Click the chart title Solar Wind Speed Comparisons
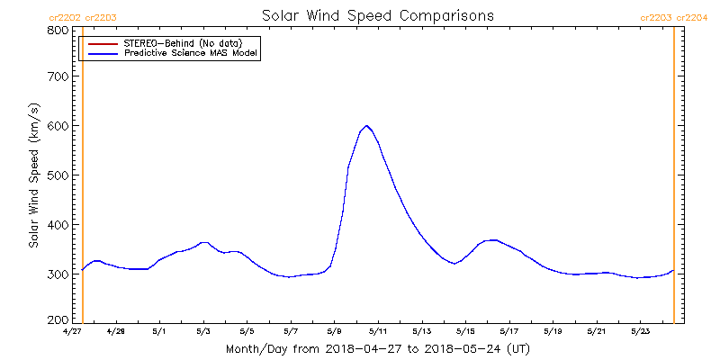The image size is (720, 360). pos(377,16)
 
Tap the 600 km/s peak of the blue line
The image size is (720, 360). pos(367,126)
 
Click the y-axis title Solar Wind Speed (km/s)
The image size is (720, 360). pos(33,175)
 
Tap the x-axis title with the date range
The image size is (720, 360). pos(377,348)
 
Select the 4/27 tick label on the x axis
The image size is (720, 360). pos(73,331)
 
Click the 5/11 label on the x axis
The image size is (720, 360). pos(378,331)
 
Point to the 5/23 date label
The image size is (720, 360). pos(640,331)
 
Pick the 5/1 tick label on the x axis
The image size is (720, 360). pos(160,331)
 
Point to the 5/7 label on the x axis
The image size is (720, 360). pos(291,331)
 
